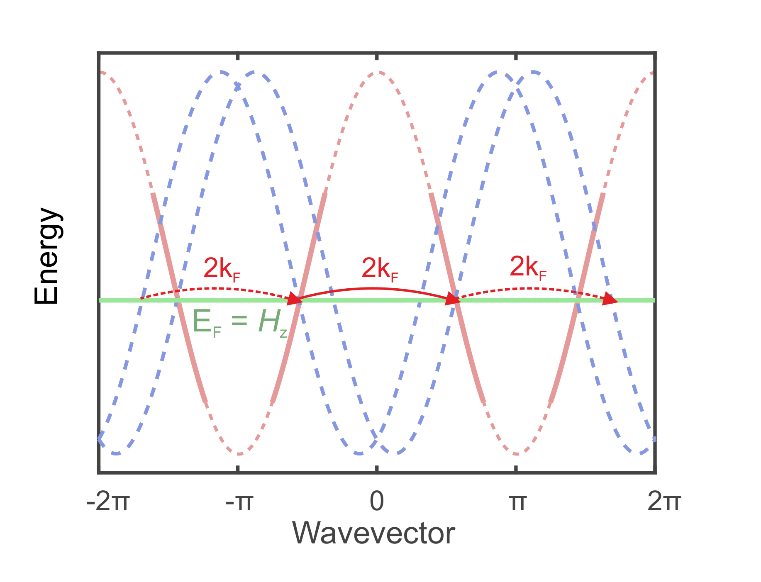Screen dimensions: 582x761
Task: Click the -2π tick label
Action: [x=108, y=502]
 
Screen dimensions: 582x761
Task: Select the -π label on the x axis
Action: [x=239, y=502]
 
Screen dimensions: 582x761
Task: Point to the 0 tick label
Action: [x=377, y=502]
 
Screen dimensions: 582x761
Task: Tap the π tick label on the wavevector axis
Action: [x=517, y=502]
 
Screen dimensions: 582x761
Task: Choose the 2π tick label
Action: [x=663, y=502]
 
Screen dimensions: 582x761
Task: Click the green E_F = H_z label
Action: [x=240, y=322]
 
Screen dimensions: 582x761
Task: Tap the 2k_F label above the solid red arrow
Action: [x=380, y=268]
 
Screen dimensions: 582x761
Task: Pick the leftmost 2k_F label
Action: [x=222, y=269]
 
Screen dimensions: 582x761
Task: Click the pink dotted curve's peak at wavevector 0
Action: [x=377, y=73]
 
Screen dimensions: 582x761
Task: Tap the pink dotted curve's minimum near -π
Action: [x=239, y=453]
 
